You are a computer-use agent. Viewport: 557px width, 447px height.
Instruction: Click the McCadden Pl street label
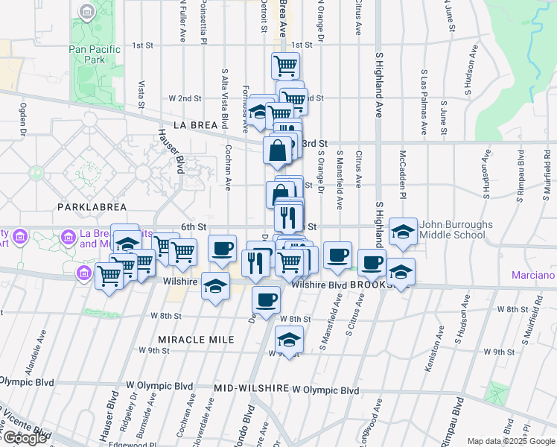[x=402, y=171]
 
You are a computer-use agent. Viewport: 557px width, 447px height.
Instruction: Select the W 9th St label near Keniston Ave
[x=499, y=352]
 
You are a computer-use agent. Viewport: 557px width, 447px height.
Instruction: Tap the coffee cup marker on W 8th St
[x=266, y=300]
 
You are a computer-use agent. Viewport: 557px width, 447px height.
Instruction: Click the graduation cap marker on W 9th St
[x=289, y=340]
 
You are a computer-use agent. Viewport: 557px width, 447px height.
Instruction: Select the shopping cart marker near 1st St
[x=285, y=66]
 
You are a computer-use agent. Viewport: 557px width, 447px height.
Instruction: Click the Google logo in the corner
[x=25, y=438]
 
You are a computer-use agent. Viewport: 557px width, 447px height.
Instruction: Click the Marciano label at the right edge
[x=533, y=276]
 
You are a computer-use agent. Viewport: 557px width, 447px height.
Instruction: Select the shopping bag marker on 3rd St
[x=277, y=150]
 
